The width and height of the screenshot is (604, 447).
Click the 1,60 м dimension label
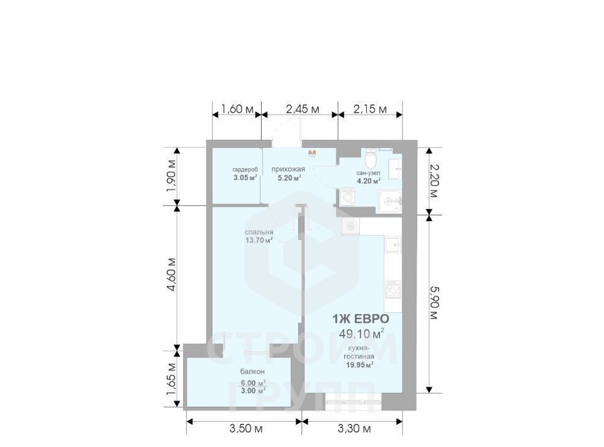point(237,109)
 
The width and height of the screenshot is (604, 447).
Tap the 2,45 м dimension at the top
point(303,109)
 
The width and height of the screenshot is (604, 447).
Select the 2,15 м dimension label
point(370,109)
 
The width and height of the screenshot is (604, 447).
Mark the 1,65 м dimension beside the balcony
point(171,379)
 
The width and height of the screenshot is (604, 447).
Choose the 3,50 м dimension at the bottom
point(246,428)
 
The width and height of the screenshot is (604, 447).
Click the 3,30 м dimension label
point(354,428)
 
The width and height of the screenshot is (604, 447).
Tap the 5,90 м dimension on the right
point(433,302)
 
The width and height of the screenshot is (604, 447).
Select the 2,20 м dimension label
point(433,181)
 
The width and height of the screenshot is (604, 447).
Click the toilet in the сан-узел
point(371,158)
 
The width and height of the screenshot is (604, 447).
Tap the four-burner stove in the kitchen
point(393,290)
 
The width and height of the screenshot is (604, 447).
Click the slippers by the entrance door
point(312,154)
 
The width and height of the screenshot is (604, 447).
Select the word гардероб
point(245,169)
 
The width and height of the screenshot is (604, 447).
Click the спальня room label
point(259,232)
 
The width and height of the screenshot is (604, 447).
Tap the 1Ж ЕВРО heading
point(361,319)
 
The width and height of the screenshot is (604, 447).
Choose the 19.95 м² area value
point(360,365)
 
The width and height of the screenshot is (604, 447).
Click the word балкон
point(252,372)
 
